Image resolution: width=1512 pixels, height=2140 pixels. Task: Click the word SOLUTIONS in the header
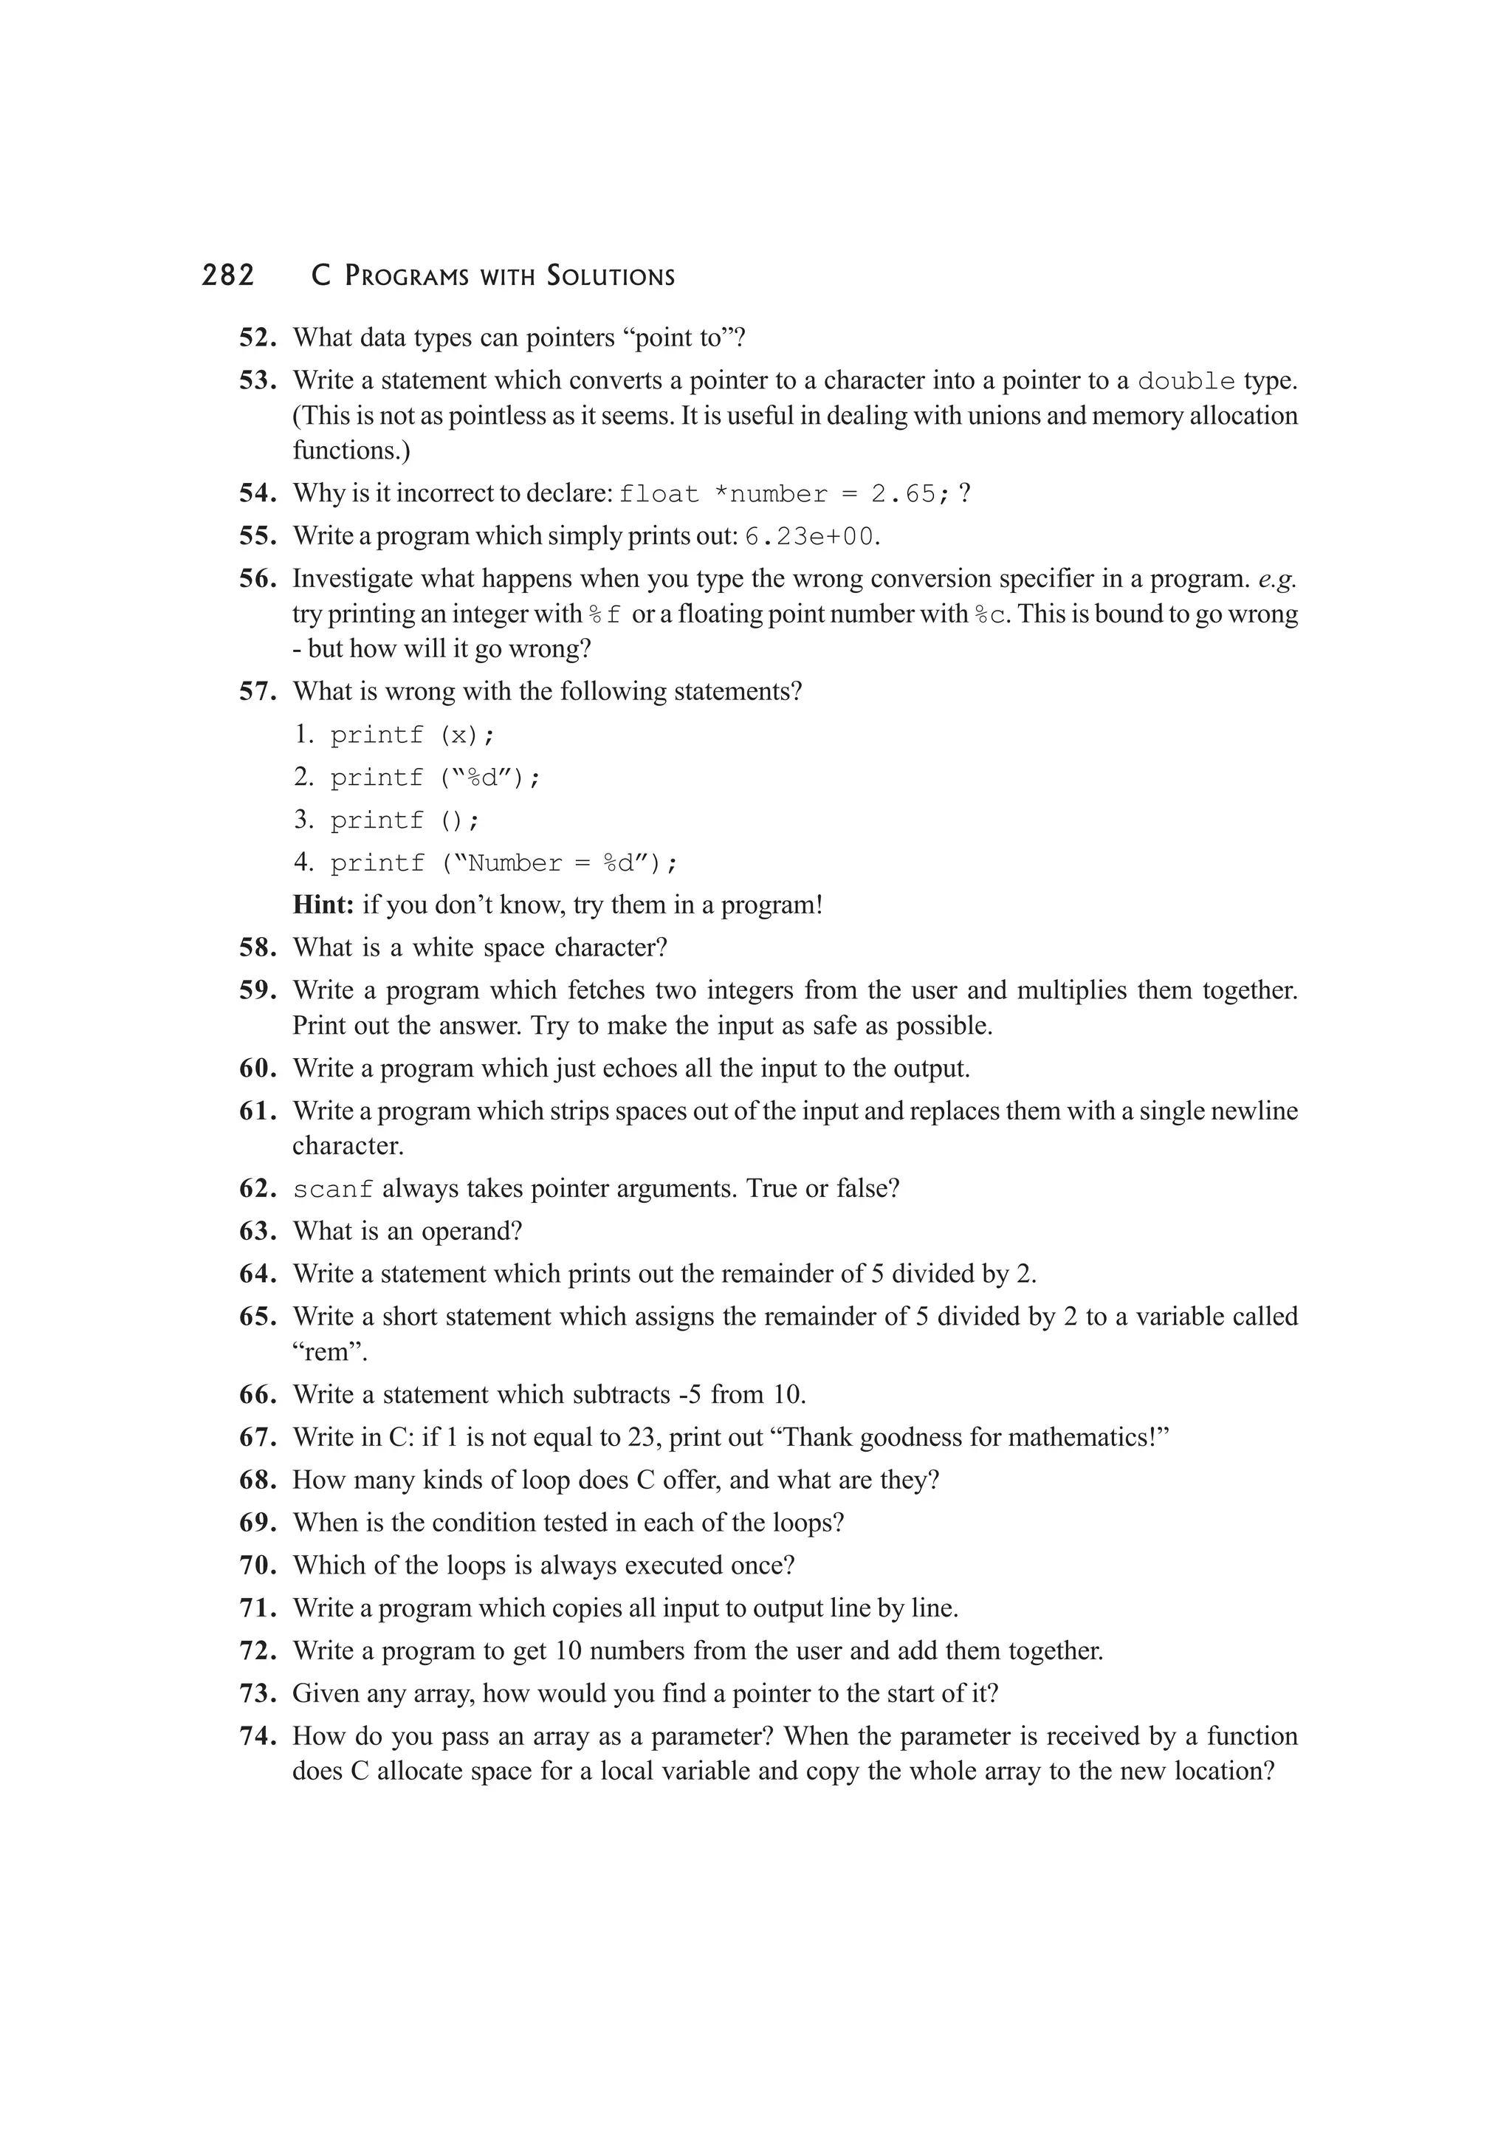pyautogui.click(x=611, y=277)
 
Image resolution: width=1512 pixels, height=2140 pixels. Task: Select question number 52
pyautogui.click(x=258, y=337)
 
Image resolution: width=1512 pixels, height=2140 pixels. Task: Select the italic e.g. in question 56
pyautogui.click(x=1276, y=579)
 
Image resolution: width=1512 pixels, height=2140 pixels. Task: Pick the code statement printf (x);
pyautogui.click(x=413, y=735)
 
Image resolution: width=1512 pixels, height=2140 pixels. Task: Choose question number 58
pyautogui.click(x=258, y=948)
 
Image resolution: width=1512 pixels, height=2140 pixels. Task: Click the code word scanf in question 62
pyautogui.click(x=332, y=1190)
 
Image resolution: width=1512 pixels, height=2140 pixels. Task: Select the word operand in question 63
pyautogui.click(x=466, y=1231)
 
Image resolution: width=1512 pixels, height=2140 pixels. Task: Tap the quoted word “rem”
pyautogui.click(x=330, y=1351)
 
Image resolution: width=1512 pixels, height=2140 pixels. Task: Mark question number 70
pyautogui.click(x=258, y=1565)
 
